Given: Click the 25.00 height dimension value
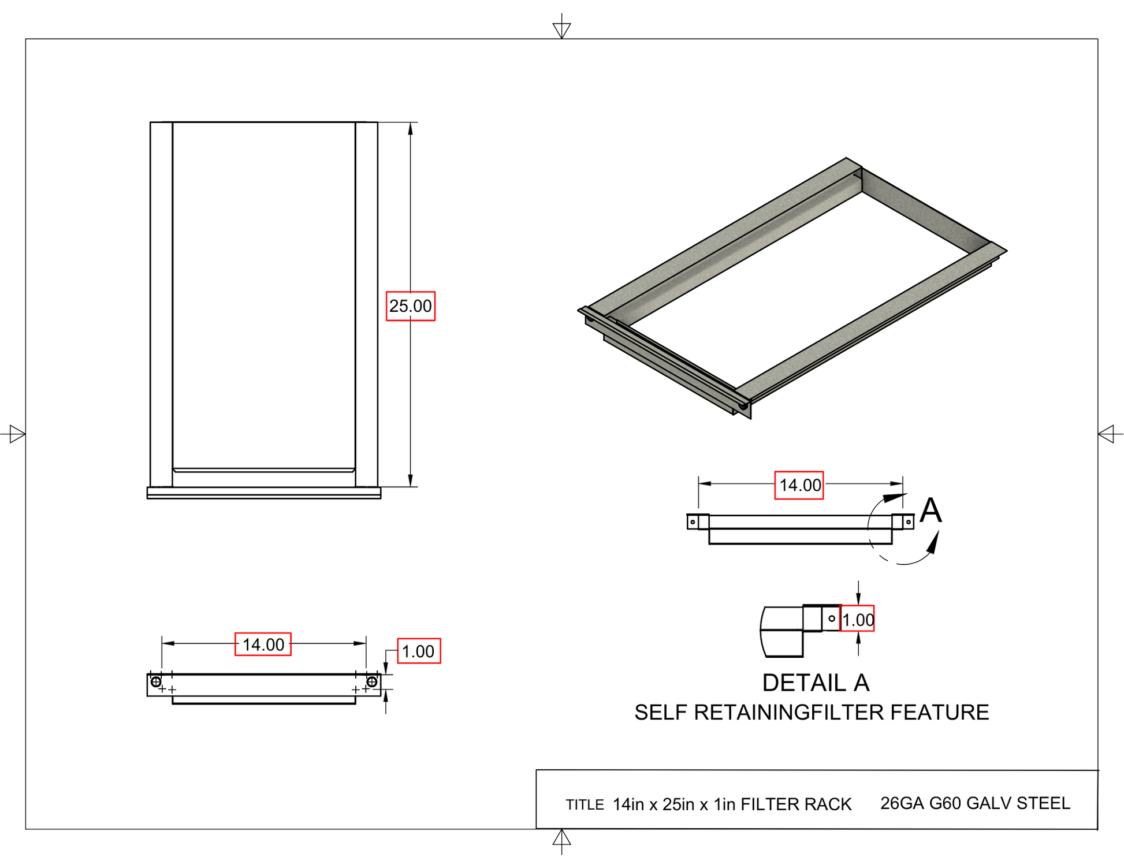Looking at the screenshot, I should click(x=410, y=306).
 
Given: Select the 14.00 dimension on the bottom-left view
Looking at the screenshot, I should click(x=263, y=644).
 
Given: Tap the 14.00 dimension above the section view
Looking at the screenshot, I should click(x=799, y=485).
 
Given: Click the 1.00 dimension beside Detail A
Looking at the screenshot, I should click(x=857, y=619).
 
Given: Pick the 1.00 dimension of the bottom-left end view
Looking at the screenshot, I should click(x=418, y=651).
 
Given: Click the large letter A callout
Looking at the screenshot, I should click(x=931, y=511).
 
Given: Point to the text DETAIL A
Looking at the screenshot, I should click(x=815, y=683).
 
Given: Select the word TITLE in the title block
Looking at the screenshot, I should click(x=585, y=804).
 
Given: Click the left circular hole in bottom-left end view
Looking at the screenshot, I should click(x=156, y=682).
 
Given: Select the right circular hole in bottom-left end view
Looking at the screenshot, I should click(x=372, y=682).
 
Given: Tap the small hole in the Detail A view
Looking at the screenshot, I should click(x=832, y=619).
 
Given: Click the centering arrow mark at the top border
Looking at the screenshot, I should click(x=561, y=29).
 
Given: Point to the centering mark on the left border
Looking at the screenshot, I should click(x=16, y=434).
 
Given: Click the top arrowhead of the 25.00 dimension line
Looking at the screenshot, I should click(x=410, y=128).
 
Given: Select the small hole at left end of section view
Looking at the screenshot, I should click(x=693, y=522).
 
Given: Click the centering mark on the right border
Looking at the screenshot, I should click(x=1107, y=434).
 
